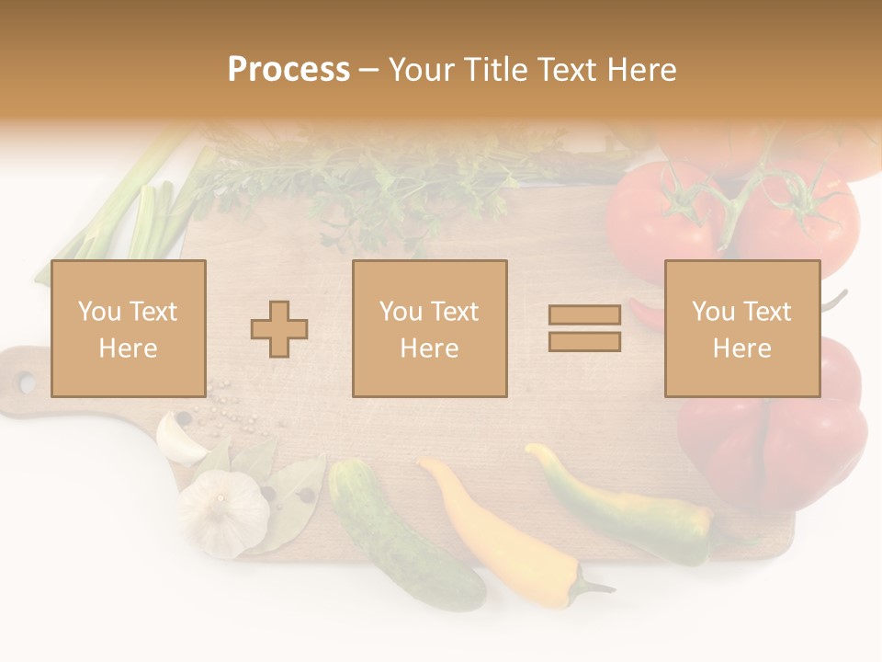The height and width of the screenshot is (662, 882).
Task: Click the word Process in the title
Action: click(x=288, y=70)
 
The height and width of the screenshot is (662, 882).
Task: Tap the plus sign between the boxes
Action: click(x=279, y=329)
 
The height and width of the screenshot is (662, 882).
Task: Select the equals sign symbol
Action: click(x=584, y=328)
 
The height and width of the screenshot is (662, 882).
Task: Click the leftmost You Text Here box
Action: click(x=128, y=328)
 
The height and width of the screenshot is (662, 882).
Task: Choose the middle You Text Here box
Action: click(x=429, y=328)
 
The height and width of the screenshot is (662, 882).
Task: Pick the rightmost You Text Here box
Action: click(x=741, y=328)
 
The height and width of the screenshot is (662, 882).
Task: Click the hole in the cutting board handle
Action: click(x=26, y=382)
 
